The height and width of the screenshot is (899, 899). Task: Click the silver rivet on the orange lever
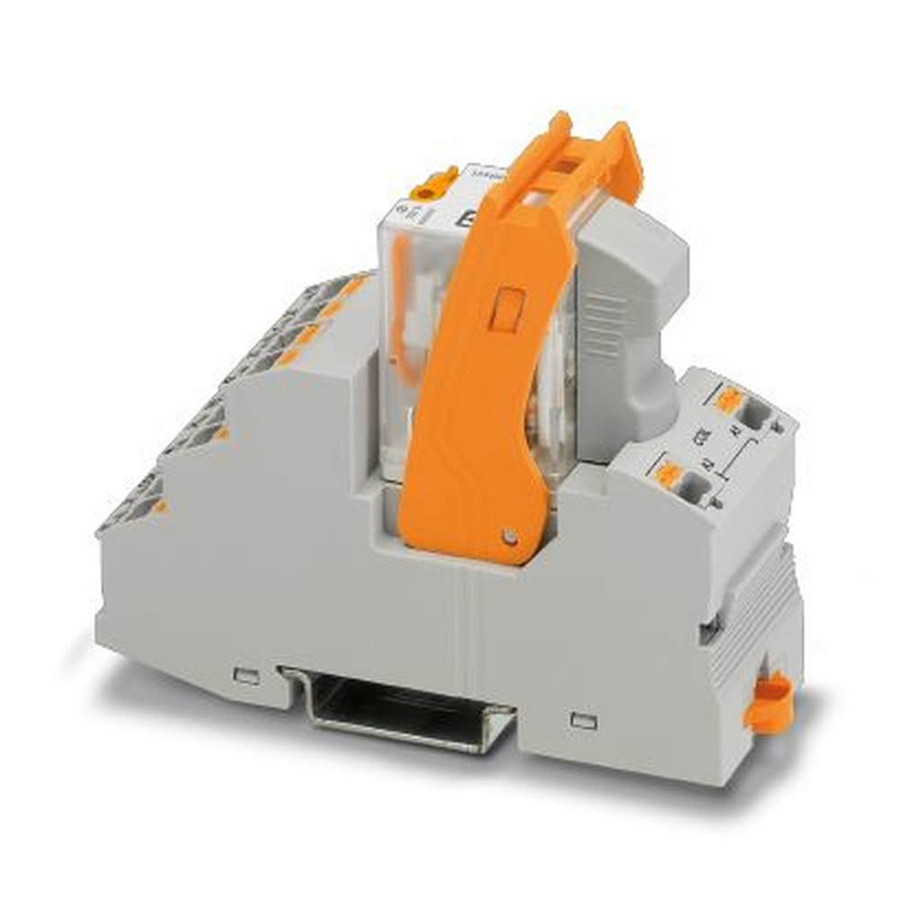click(511, 537)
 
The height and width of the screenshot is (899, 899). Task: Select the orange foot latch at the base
click(770, 701)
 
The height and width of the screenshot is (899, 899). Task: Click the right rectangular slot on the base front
click(584, 720)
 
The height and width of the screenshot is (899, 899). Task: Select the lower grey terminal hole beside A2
click(695, 491)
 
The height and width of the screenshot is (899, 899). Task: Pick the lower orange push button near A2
click(668, 474)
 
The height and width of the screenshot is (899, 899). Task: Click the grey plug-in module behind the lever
click(626, 306)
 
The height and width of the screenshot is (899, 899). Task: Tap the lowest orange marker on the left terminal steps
click(158, 508)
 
